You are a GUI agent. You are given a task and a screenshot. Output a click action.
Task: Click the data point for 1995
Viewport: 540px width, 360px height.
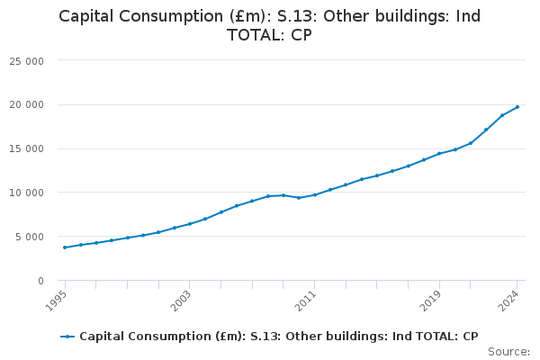[65, 247]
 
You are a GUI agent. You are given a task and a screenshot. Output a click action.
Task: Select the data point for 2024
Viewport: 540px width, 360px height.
[517, 107]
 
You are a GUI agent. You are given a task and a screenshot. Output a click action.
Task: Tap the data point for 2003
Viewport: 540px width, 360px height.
[190, 224]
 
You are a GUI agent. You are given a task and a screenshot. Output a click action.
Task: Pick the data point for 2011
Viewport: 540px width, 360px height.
[315, 194]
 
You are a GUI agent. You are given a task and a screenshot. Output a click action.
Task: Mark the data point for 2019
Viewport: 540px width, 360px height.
[439, 154]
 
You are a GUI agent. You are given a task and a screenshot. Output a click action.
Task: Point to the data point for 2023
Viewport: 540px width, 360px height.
[502, 115]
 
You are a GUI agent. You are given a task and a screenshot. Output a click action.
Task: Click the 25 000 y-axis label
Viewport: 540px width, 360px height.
[27, 61]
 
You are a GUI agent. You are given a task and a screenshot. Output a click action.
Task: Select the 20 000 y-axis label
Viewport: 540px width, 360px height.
[27, 105]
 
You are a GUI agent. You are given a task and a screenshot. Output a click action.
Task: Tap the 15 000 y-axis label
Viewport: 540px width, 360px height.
[27, 149]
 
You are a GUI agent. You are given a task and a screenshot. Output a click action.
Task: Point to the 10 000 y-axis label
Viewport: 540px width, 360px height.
[27, 193]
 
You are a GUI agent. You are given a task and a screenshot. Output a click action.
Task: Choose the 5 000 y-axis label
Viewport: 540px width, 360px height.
[31, 238]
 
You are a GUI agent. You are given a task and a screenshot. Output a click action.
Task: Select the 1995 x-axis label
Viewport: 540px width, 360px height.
[55, 299]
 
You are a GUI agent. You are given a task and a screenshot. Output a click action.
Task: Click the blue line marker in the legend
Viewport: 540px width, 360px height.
[67, 337]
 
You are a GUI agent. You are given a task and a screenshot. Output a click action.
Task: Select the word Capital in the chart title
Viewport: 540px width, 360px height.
[88, 16]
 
